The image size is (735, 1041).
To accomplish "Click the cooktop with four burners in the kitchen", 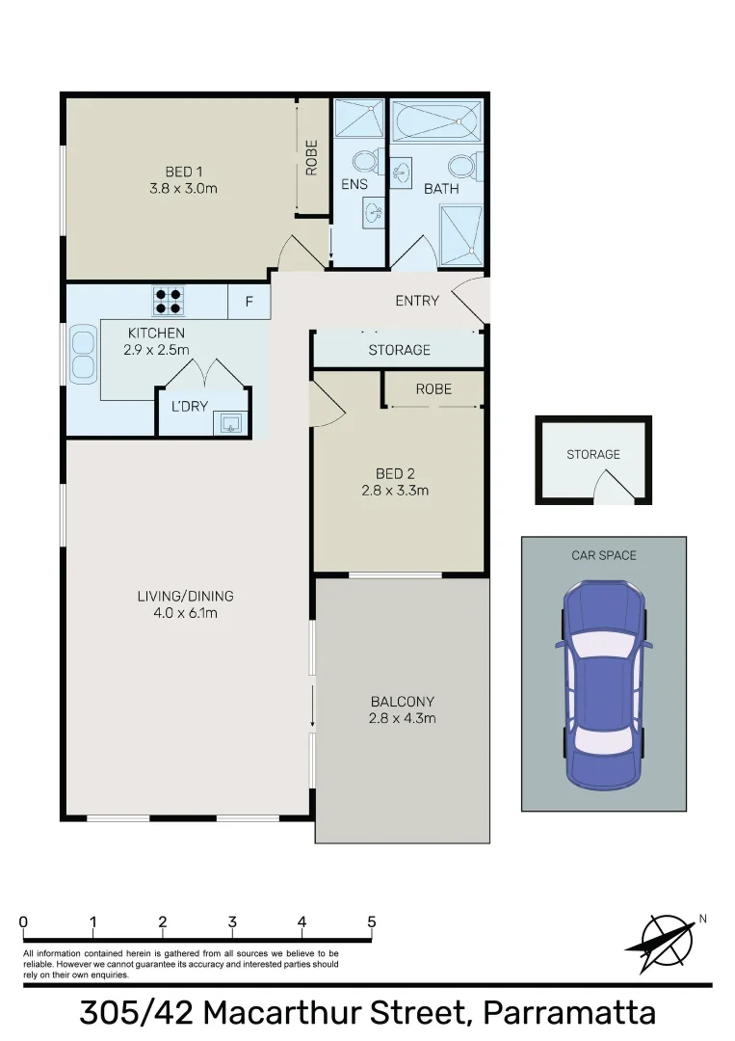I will click(x=168, y=301).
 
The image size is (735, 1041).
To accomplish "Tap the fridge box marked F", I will click(x=249, y=302).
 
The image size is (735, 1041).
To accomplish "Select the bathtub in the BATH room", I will click(x=437, y=122).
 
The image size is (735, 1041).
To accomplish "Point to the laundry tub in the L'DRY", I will click(x=231, y=421).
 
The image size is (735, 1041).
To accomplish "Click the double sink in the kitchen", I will click(x=82, y=353).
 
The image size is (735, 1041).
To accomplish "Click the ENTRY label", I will click(x=417, y=301).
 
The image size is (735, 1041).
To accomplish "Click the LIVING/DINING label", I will click(x=185, y=596).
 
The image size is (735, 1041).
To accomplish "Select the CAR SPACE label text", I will click(x=604, y=555).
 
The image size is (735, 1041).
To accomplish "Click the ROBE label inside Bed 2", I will click(x=433, y=388).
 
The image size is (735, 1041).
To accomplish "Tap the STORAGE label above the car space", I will click(x=593, y=454).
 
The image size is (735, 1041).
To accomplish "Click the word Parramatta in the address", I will click(x=568, y=1013).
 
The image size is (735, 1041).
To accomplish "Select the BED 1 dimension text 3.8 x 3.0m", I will click(x=183, y=188).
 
